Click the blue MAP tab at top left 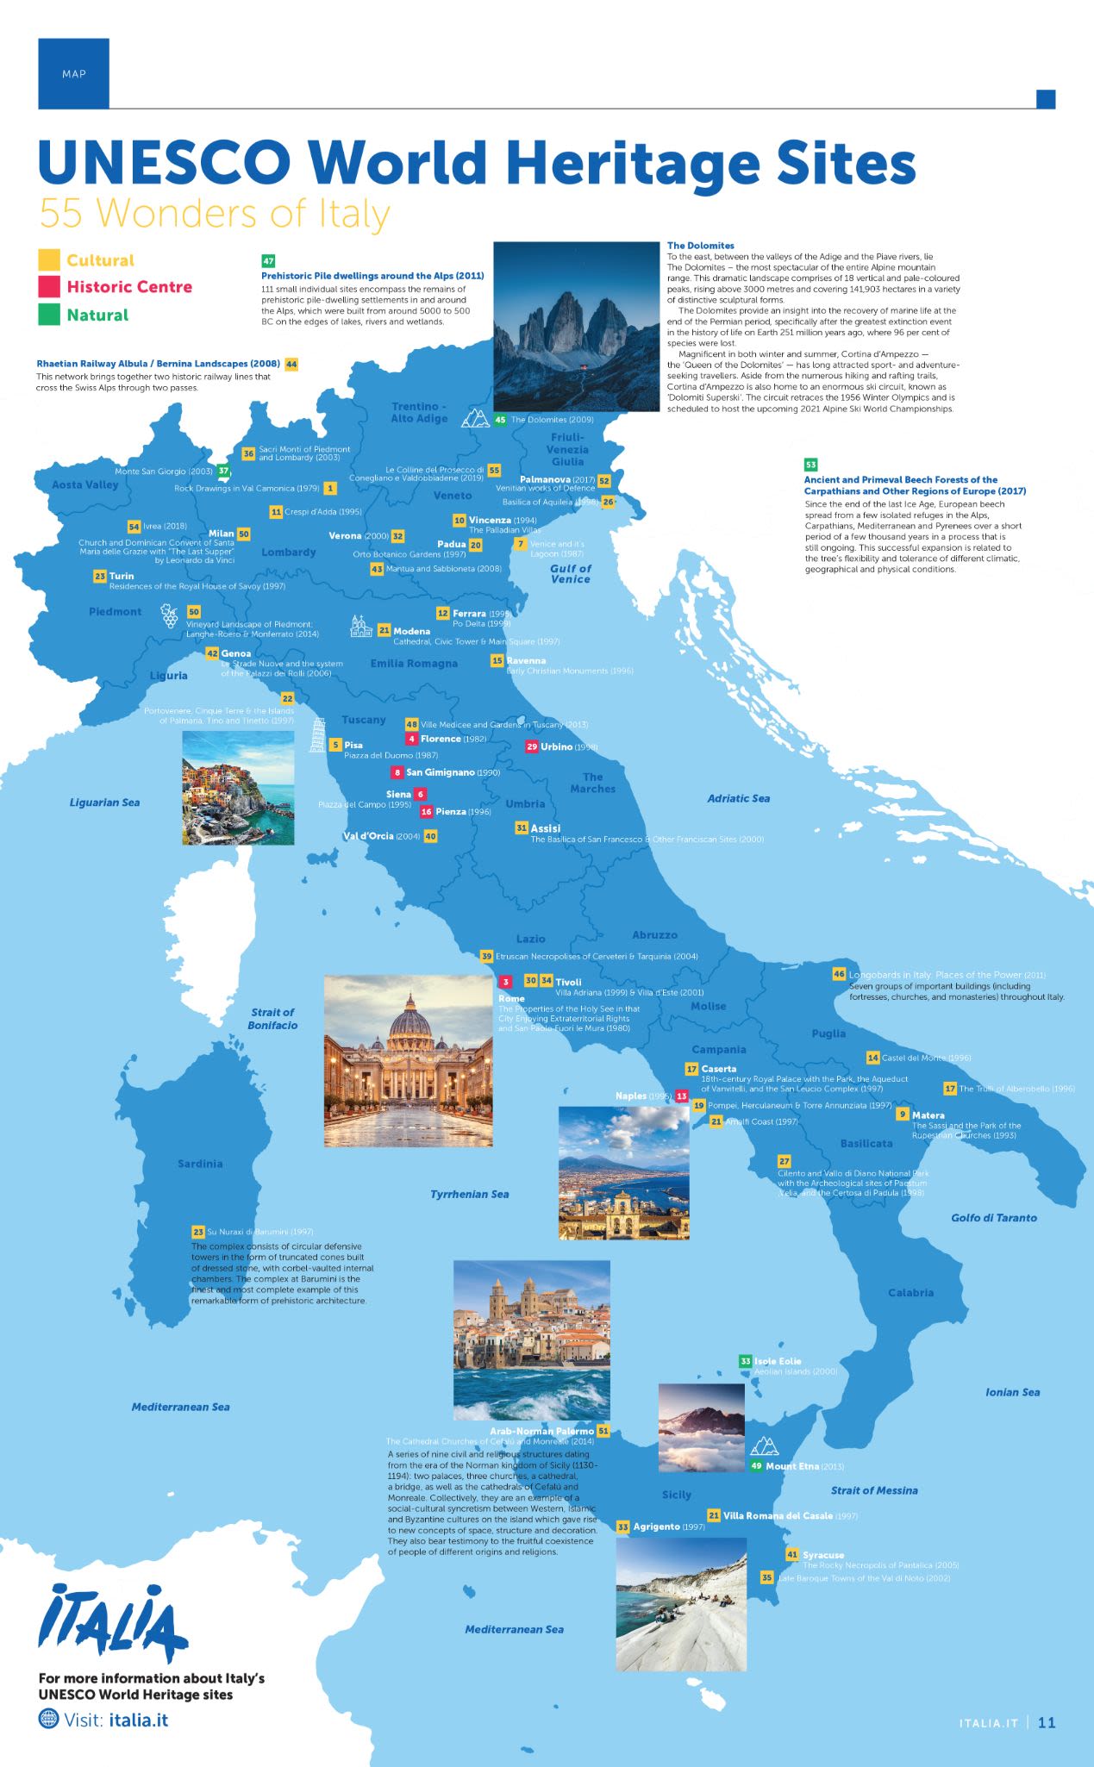point(73,73)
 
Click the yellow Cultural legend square point(49,259)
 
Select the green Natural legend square point(49,315)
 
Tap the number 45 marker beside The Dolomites point(500,420)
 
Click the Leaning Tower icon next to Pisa point(318,734)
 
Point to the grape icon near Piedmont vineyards point(170,615)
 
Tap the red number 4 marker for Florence point(412,739)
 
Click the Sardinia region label point(200,1164)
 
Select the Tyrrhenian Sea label point(469,1194)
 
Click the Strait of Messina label point(873,1490)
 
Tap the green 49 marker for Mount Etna point(756,1466)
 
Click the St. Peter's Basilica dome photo point(408,1060)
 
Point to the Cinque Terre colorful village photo point(238,788)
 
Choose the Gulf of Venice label point(570,573)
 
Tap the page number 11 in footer point(1047,1723)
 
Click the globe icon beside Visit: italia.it point(49,1719)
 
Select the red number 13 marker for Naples point(682,1096)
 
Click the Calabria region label point(910,1292)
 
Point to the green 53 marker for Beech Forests point(810,465)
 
